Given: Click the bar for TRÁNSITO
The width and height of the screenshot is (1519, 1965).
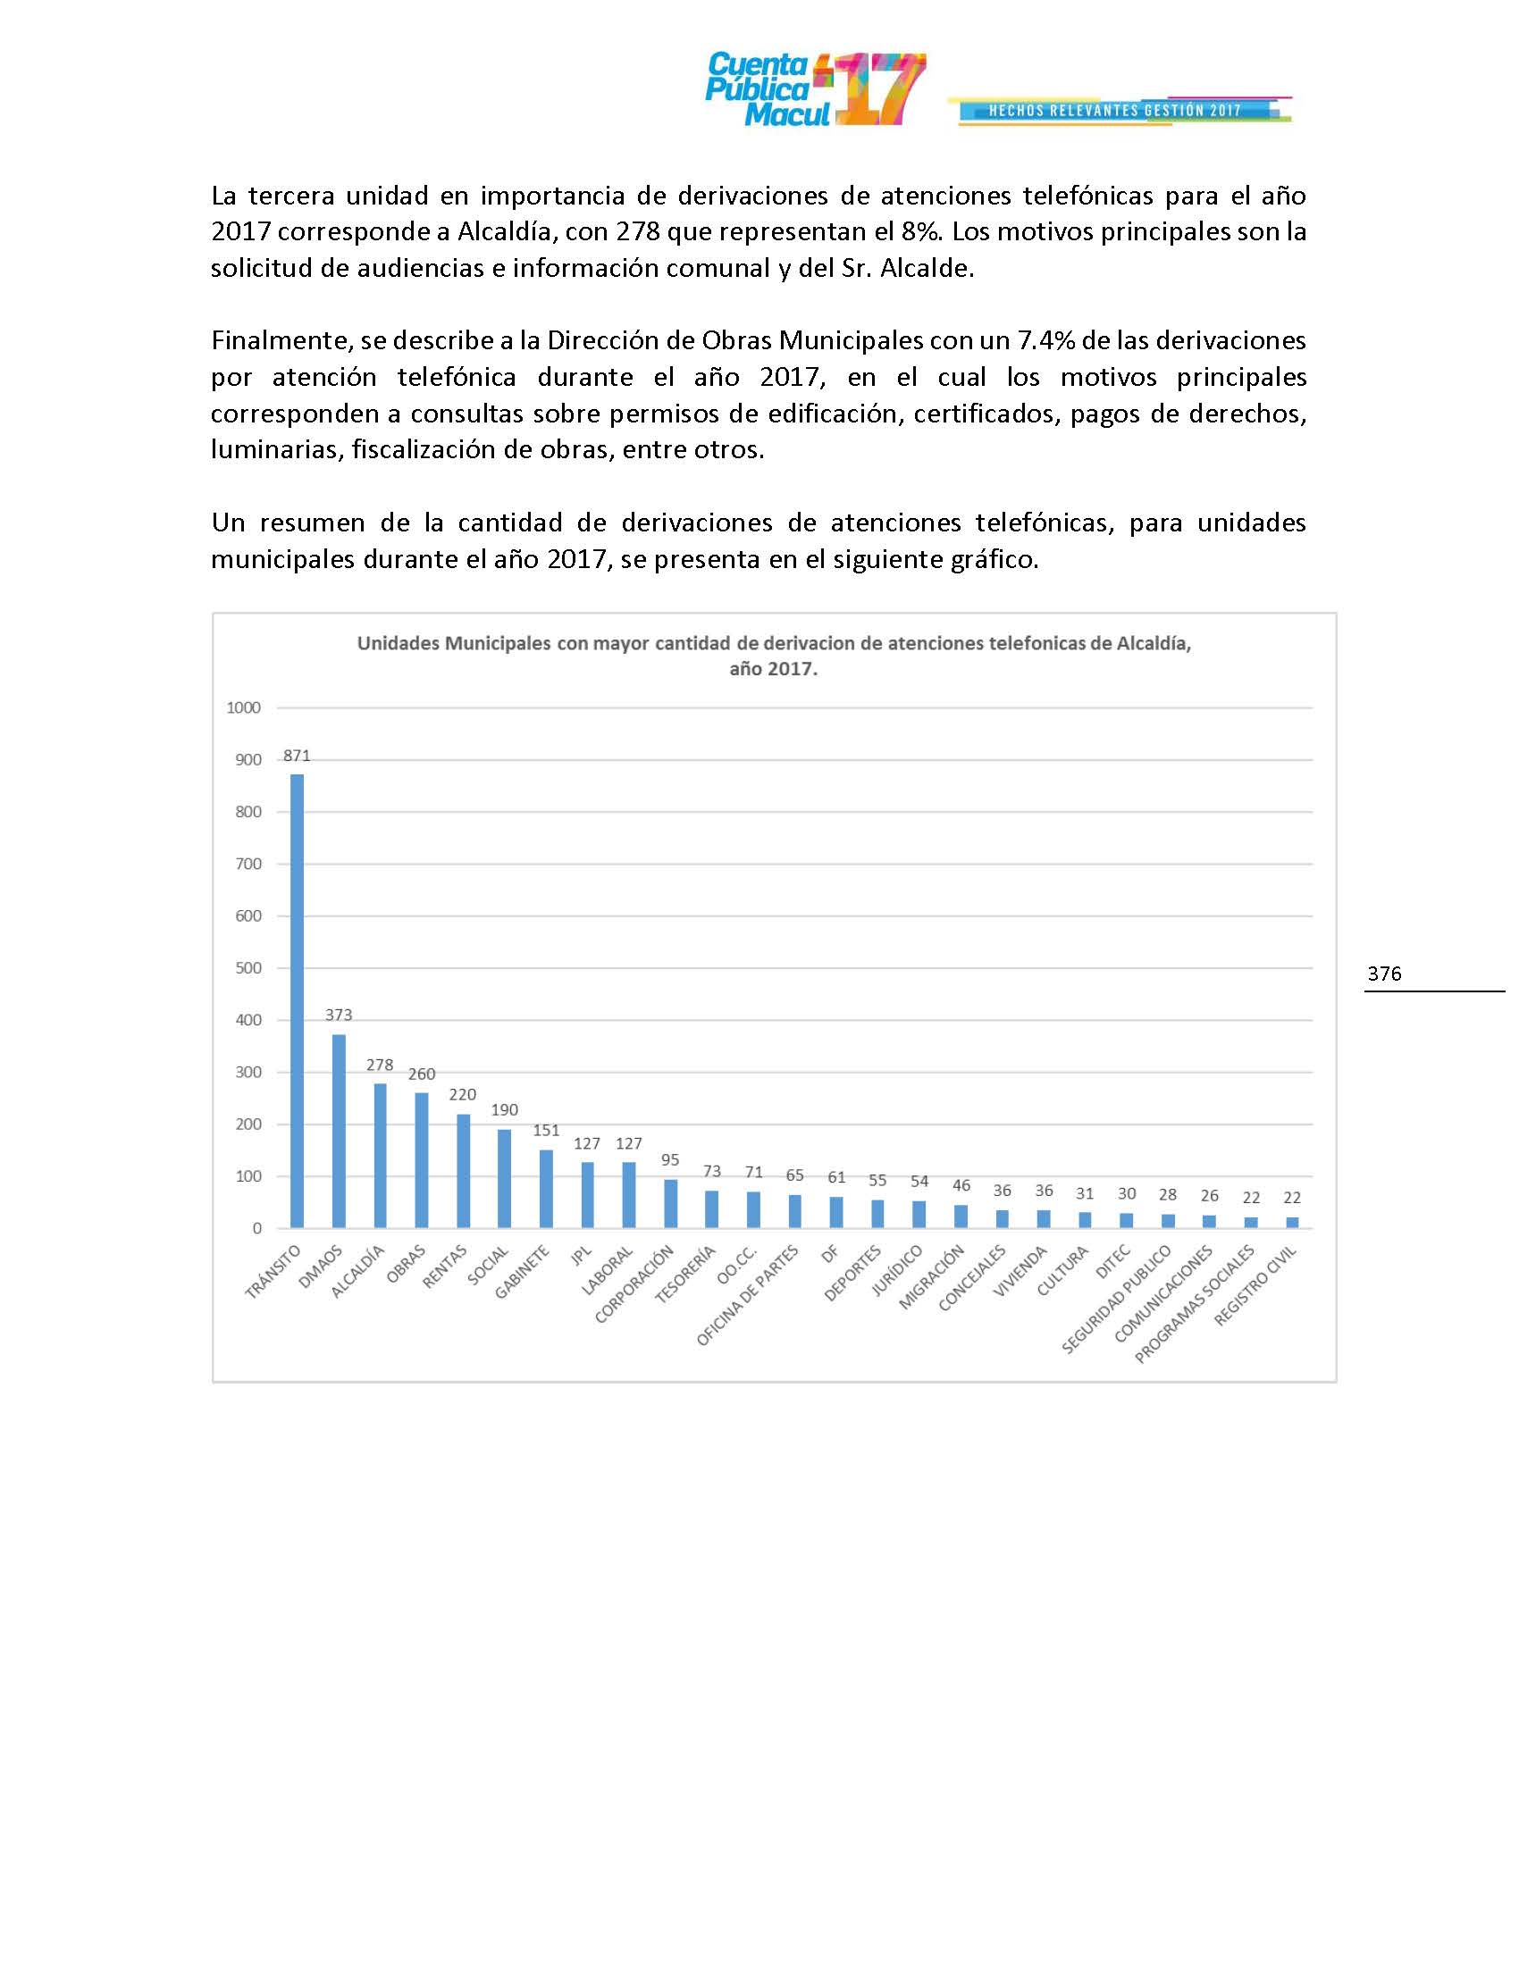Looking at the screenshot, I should [x=297, y=1000].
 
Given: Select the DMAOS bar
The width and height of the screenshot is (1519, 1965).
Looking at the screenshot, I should [x=339, y=1131].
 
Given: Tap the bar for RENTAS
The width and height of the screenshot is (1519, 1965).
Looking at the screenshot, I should [x=464, y=1171].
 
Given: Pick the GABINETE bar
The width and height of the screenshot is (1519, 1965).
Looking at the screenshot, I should [x=546, y=1189].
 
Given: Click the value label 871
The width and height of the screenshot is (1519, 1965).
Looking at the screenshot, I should [x=297, y=756].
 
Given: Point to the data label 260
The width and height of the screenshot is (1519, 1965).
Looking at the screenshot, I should [x=421, y=1074].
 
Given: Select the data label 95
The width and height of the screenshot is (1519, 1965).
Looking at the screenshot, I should [x=670, y=1159].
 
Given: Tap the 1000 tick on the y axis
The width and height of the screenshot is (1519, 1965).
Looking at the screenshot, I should [x=244, y=708].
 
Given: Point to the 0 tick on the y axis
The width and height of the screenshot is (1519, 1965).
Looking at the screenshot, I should [x=257, y=1228].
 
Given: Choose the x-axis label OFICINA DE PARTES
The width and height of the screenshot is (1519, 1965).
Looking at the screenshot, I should [x=749, y=1297].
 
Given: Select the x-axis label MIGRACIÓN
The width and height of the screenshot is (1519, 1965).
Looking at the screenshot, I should [x=933, y=1276].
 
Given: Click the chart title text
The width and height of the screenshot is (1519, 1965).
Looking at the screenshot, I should [x=774, y=656].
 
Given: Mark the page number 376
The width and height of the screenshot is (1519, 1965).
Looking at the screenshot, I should [x=1384, y=974].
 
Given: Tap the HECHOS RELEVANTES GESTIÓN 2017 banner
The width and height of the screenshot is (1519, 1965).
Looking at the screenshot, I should [x=1115, y=111].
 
